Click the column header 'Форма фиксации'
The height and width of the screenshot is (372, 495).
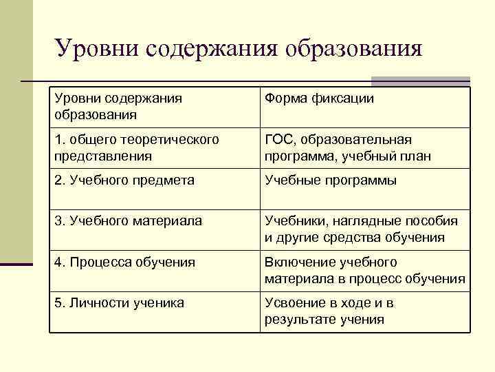pos(319,99)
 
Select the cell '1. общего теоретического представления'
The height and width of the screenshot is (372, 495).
pos(137,147)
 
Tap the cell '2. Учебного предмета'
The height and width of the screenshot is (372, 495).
pos(124,180)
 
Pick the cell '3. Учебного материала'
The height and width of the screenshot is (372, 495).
pos(128,221)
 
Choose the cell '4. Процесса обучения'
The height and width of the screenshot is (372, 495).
pos(124,262)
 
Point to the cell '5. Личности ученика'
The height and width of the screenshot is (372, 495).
pos(119,302)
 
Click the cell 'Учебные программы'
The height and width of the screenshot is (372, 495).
pos(331,180)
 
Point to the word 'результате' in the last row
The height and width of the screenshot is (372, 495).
pos(298,320)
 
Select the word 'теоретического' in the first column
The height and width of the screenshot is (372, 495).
pos(175,140)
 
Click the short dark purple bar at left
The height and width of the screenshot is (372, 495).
pos(16,263)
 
